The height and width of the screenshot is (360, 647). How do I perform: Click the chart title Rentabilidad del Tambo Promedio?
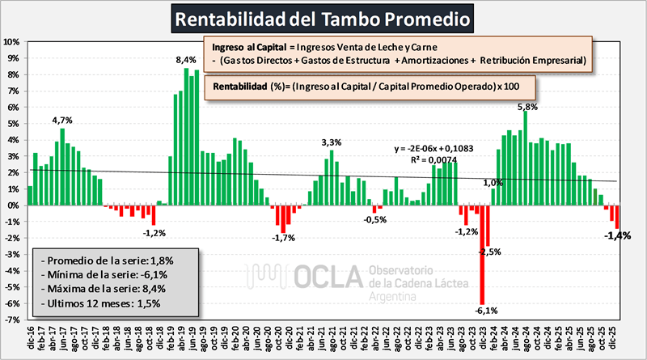[324, 17]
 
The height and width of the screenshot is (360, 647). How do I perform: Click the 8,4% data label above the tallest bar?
[186, 60]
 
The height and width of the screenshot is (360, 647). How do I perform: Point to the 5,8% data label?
[526, 107]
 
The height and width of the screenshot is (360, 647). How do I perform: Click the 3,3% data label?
[332, 142]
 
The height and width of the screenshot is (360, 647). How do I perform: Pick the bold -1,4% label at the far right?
[618, 236]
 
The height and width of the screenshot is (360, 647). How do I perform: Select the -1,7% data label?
[283, 238]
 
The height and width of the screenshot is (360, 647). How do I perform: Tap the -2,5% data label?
[489, 252]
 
